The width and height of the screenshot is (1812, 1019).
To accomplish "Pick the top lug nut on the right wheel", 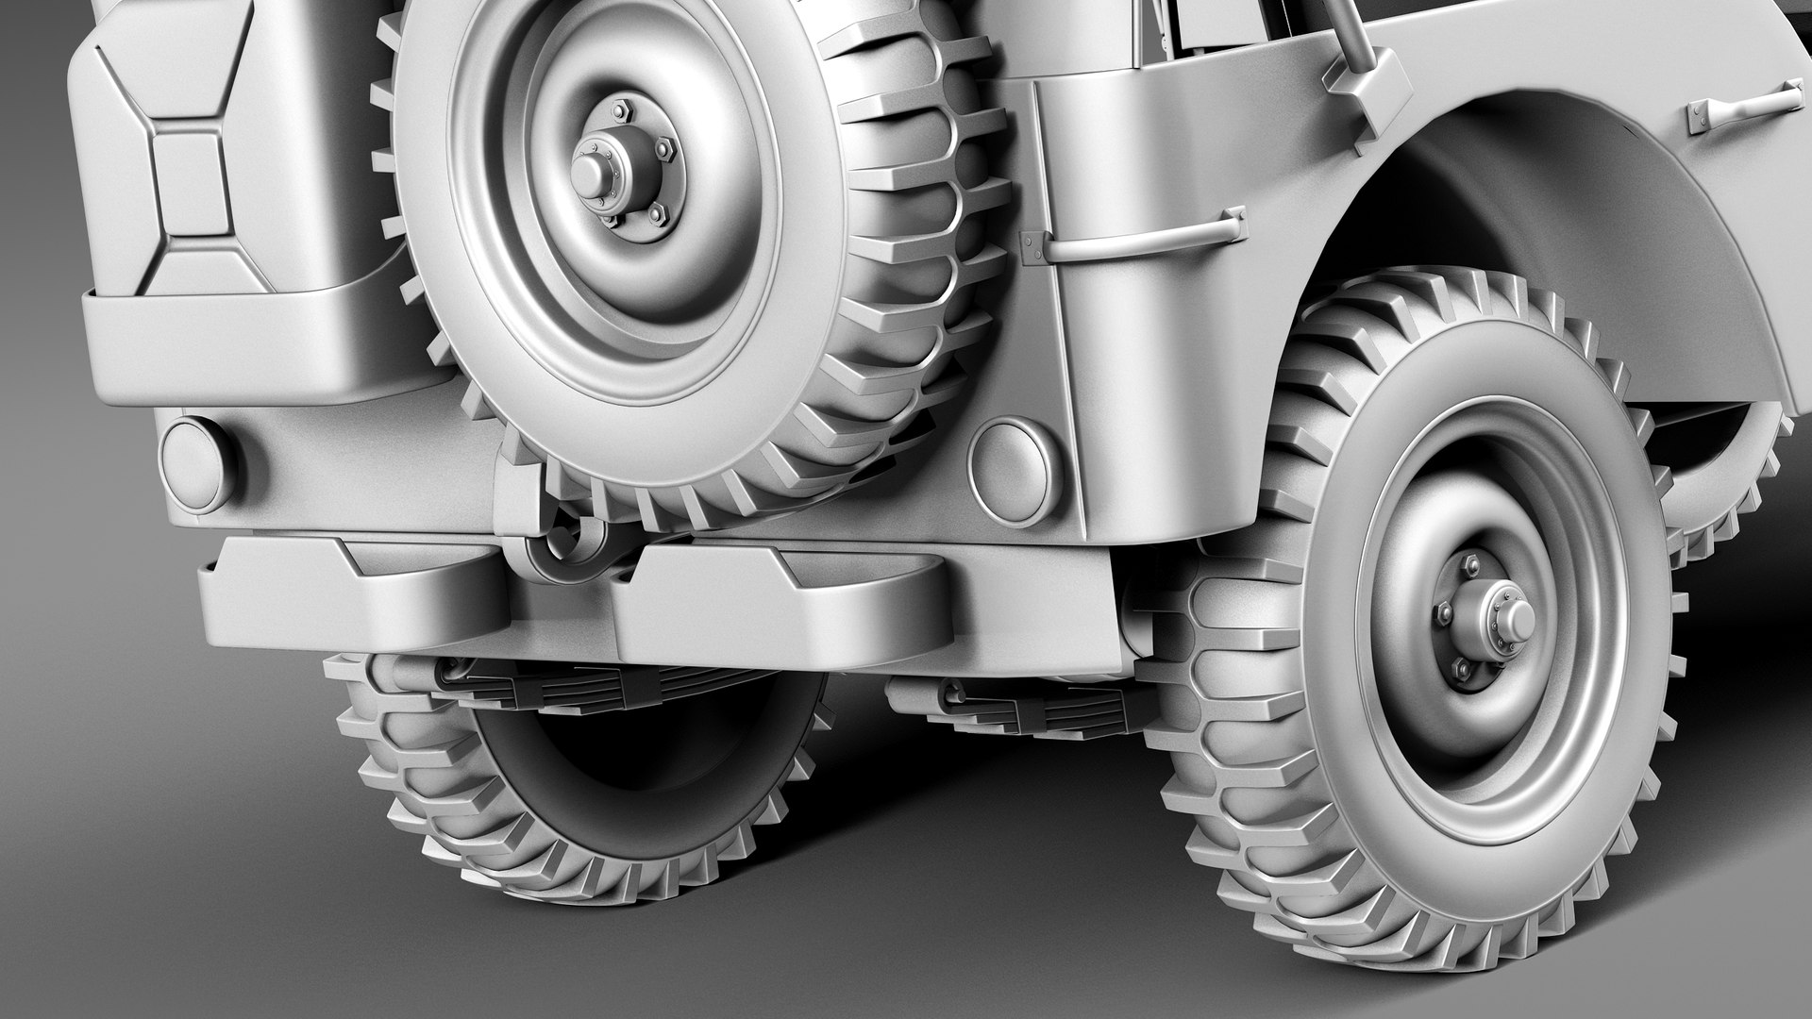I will point(1469,563).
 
